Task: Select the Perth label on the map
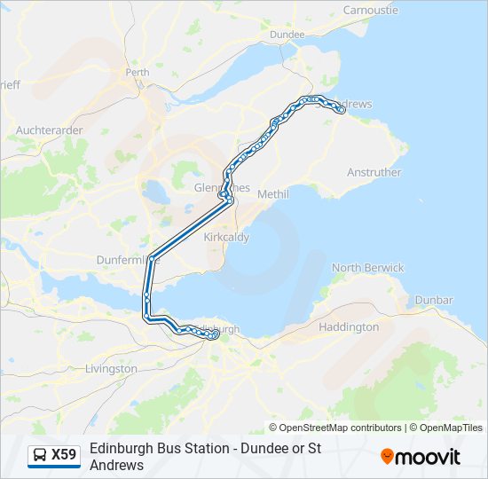coord(138,72)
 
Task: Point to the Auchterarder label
coord(50,130)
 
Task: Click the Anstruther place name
coord(374,172)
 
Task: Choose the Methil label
coord(273,193)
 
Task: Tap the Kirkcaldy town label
coord(226,238)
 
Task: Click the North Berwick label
coord(367,268)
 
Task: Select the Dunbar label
coord(433,301)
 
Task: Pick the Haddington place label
coord(349,327)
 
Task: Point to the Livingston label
coord(111,368)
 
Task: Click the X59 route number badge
coord(64,455)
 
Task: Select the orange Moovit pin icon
coord(388,456)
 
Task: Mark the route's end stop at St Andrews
coord(342,110)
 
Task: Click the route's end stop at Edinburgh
coord(215,335)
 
